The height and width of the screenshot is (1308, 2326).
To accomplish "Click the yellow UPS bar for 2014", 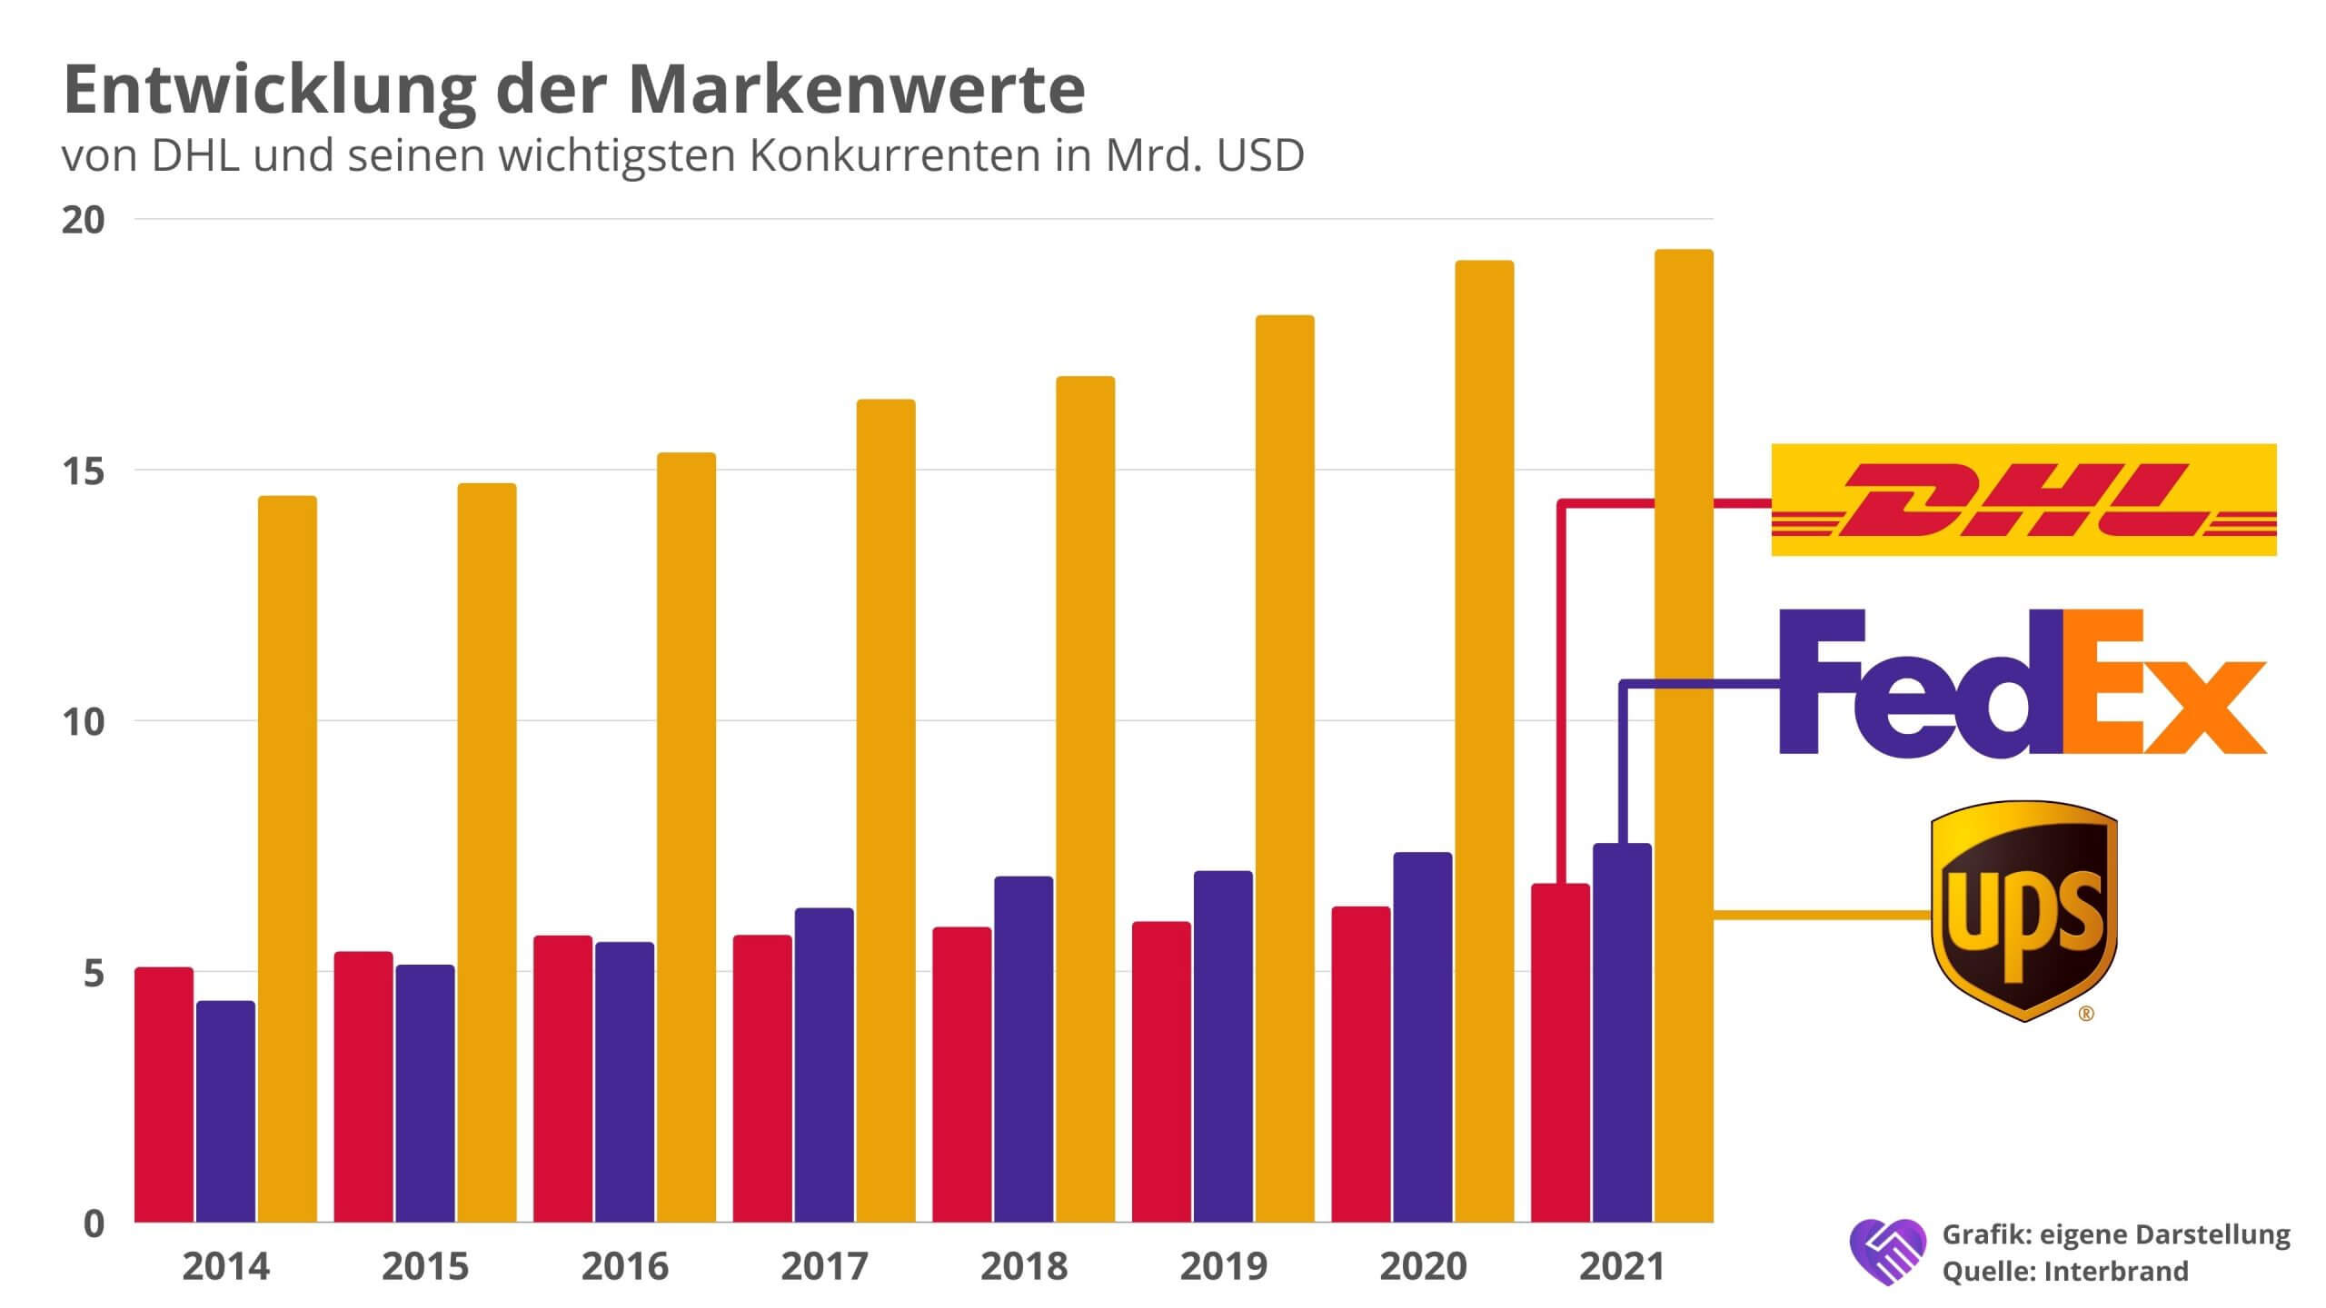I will coord(287,858).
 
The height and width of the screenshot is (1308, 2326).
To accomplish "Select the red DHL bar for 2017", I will coord(762,1078).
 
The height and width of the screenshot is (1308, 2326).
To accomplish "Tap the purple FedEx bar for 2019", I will coord(1223,1046).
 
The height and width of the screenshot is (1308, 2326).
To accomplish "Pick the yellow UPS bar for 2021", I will coord(1684,736).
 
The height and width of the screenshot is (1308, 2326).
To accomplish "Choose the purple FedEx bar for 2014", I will coord(225,1111).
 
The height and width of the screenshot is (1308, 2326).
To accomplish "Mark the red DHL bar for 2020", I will coord(1360,1064).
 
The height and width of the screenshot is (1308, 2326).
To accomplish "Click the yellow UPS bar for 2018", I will coord(1085,799).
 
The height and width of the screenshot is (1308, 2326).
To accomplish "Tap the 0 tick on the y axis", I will coord(94,1224).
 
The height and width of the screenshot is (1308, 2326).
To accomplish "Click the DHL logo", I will coord(2023,500).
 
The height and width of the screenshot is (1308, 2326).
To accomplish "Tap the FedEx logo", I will coord(2022,682).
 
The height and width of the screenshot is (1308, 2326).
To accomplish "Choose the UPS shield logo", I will coord(2023,909).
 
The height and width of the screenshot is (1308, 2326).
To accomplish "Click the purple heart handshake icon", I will coord(1887,1251).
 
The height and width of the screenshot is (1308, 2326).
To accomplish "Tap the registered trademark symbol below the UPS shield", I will coord(2086,1015).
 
